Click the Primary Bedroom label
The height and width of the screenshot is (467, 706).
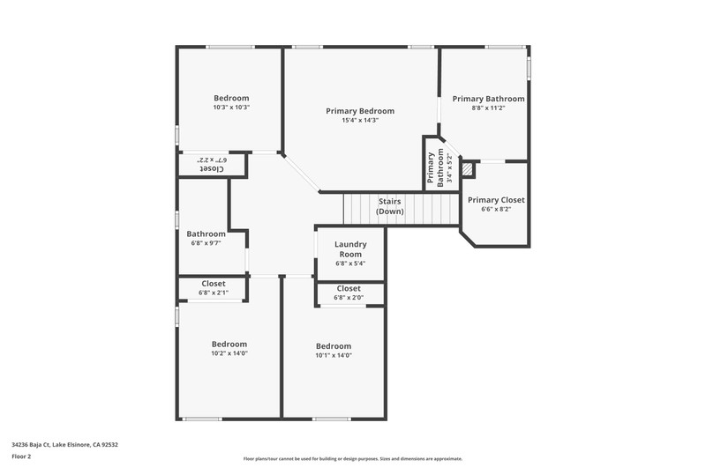coord(360,111)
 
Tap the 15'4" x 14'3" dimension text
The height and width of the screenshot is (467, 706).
coord(360,121)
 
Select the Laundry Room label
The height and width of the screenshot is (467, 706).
coord(350,249)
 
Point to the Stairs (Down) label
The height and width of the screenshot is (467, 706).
coord(390,206)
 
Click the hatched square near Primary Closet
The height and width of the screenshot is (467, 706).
coord(469,169)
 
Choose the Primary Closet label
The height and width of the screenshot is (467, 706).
coord(496,200)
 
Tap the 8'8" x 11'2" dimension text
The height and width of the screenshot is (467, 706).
coord(489,107)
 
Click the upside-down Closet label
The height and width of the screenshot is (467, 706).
coord(212,169)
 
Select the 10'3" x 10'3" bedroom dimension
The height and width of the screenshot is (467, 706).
coord(231,107)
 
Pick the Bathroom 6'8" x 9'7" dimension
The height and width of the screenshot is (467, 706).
coord(206,243)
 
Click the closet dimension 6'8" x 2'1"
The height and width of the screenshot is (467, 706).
coord(214,293)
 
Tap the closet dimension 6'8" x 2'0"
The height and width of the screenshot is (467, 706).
coord(349,298)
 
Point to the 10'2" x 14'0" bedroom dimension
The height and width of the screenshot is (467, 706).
coord(229,353)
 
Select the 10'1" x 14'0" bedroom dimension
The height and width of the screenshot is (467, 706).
coord(334,355)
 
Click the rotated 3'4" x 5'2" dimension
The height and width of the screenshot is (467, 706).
coord(449,168)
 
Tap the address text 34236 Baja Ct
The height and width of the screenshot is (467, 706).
coord(31,445)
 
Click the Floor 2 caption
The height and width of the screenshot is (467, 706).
coord(21,456)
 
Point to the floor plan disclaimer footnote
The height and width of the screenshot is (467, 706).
coord(352,459)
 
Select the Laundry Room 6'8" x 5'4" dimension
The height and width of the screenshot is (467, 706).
coord(350,263)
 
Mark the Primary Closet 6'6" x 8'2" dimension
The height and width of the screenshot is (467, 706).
coord(496,210)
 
